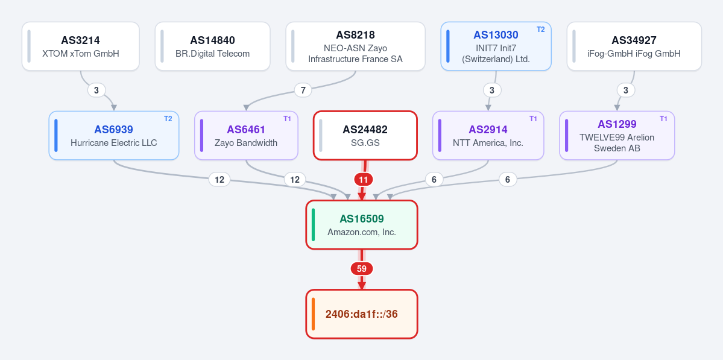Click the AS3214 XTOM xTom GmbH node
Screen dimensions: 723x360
(x=81, y=46)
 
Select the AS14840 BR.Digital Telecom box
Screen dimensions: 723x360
(x=213, y=46)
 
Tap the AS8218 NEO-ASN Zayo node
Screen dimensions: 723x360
(x=356, y=46)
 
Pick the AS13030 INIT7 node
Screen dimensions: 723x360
(x=496, y=46)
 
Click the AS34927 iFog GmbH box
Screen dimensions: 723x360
(x=634, y=46)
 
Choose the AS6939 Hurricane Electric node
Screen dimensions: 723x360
(x=114, y=136)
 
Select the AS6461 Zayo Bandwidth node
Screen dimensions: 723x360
(x=246, y=136)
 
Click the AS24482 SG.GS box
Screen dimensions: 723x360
(x=365, y=136)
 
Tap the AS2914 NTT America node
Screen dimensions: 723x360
(x=488, y=136)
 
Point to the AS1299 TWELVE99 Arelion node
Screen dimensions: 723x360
(x=617, y=136)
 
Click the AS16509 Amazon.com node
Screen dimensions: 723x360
(x=362, y=225)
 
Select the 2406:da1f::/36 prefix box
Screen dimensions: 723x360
(x=362, y=314)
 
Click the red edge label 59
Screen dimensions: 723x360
(x=362, y=269)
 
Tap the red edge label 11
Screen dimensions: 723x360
(x=364, y=179)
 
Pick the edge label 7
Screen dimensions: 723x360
(x=303, y=90)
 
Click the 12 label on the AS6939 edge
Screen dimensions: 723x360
(x=219, y=180)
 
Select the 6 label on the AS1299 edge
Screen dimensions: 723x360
(x=508, y=180)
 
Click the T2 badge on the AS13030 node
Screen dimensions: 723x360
(x=541, y=30)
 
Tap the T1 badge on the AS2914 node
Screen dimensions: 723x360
(x=534, y=119)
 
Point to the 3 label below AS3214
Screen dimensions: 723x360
(x=96, y=90)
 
